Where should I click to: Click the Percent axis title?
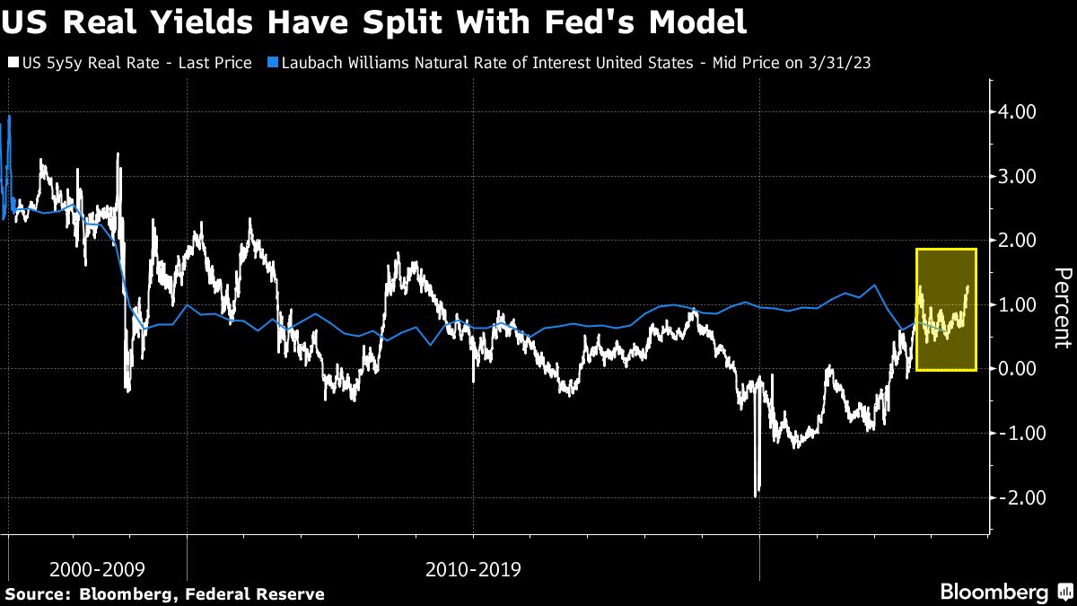click(1062, 307)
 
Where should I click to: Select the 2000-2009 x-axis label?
click(96, 569)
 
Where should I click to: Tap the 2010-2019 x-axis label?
click(473, 569)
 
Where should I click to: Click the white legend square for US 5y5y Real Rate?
click(12, 64)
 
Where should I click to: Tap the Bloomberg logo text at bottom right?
click(994, 592)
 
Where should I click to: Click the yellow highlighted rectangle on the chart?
click(946, 310)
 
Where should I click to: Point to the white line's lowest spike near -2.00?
click(757, 494)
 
